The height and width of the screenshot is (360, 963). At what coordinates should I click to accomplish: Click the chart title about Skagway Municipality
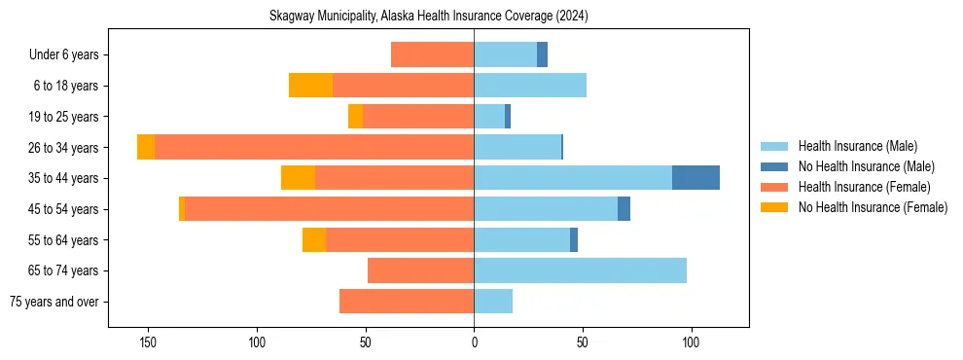click(429, 17)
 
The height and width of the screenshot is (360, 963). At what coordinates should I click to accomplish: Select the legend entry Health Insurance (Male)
click(856, 146)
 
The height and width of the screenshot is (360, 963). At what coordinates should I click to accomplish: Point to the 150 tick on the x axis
click(149, 342)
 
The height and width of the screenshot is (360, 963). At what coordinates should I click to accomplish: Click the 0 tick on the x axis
click(474, 342)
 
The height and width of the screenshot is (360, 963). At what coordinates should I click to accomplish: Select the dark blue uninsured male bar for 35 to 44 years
click(695, 178)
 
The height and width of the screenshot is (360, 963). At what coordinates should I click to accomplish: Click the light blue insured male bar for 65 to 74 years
click(580, 270)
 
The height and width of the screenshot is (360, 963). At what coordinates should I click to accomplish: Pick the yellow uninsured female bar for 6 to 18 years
click(310, 86)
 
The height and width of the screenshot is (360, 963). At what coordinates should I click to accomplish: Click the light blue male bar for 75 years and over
click(493, 302)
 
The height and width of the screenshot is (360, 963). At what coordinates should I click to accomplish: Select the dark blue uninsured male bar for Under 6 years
click(542, 54)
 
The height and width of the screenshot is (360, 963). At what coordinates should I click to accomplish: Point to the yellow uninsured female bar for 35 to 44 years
click(298, 178)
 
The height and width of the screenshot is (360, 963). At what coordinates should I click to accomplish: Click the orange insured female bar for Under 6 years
click(432, 54)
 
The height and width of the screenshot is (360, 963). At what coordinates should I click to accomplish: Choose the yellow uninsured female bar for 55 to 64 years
click(313, 239)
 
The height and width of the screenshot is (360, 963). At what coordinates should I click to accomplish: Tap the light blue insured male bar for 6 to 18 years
click(530, 86)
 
